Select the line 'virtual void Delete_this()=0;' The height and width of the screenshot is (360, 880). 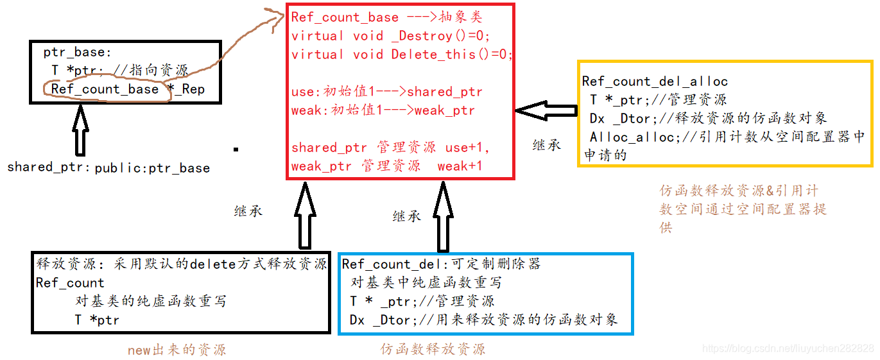coord(402,55)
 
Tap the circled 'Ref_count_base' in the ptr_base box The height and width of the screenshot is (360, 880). coord(105,89)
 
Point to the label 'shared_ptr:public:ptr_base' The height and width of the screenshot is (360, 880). coord(108,168)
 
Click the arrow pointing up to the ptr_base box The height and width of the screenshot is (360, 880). coord(80,130)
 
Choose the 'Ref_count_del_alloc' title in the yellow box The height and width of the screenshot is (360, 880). coord(655,81)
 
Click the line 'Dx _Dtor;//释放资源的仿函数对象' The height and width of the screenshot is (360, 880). coord(708,118)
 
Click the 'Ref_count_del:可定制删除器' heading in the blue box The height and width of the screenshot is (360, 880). coord(441,264)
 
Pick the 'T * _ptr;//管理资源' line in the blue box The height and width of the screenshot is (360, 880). coord(422,301)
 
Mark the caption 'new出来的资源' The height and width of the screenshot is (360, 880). coord(177,350)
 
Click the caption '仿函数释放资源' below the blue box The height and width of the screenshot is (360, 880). coord(433,349)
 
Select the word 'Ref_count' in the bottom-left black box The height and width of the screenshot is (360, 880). coord(70,283)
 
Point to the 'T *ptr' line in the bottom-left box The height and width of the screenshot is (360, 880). coord(96,320)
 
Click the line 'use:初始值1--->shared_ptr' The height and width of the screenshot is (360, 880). coord(386,92)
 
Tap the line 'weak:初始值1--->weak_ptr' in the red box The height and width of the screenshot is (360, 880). coord(383,110)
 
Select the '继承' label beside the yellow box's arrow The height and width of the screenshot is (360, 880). coord(547,145)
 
